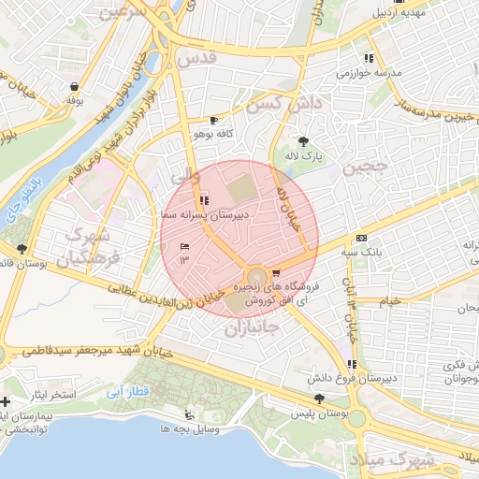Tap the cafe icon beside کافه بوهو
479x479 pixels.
coord(214,121)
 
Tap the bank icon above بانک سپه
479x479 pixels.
coord(361,238)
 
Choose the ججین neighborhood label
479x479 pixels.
coord(362,169)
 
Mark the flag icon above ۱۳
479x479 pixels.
coord(184,246)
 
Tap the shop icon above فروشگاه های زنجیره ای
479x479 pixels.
coord(274,273)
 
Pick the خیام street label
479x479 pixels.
coord(390,301)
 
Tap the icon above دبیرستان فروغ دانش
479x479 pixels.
coord(351,364)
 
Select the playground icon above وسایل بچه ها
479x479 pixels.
coord(191,414)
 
